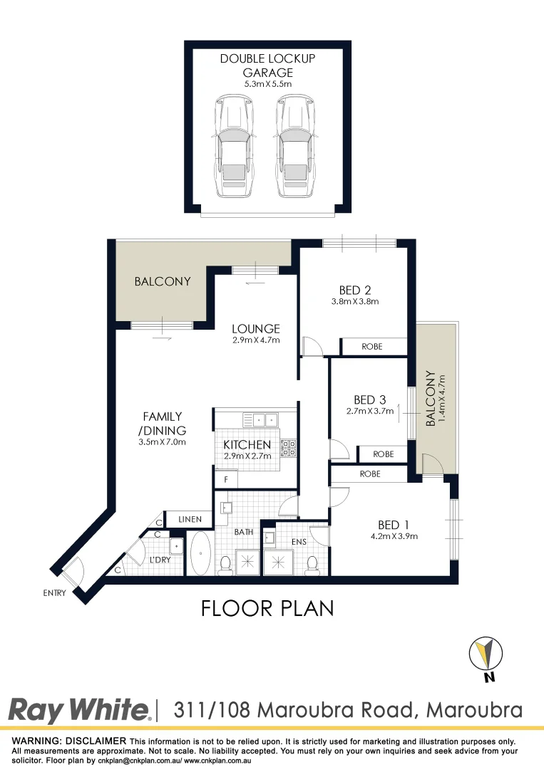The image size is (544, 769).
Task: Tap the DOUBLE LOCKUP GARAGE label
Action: [267, 66]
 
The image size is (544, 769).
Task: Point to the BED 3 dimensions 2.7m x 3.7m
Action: [369, 411]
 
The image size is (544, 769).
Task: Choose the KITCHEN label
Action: [247, 444]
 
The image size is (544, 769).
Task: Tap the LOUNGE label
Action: [255, 329]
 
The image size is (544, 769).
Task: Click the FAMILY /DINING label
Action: [163, 423]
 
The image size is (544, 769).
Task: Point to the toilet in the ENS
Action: [312, 564]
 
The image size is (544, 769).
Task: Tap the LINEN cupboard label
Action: [189, 519]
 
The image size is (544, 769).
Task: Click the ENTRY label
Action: [53, 592]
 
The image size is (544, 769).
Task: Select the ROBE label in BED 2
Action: [371, 347]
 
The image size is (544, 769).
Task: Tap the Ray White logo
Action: [79, 710]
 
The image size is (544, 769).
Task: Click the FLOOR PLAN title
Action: [267, 609]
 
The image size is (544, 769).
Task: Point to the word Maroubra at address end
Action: [474, 710]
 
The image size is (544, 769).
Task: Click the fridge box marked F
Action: [225, 479]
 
